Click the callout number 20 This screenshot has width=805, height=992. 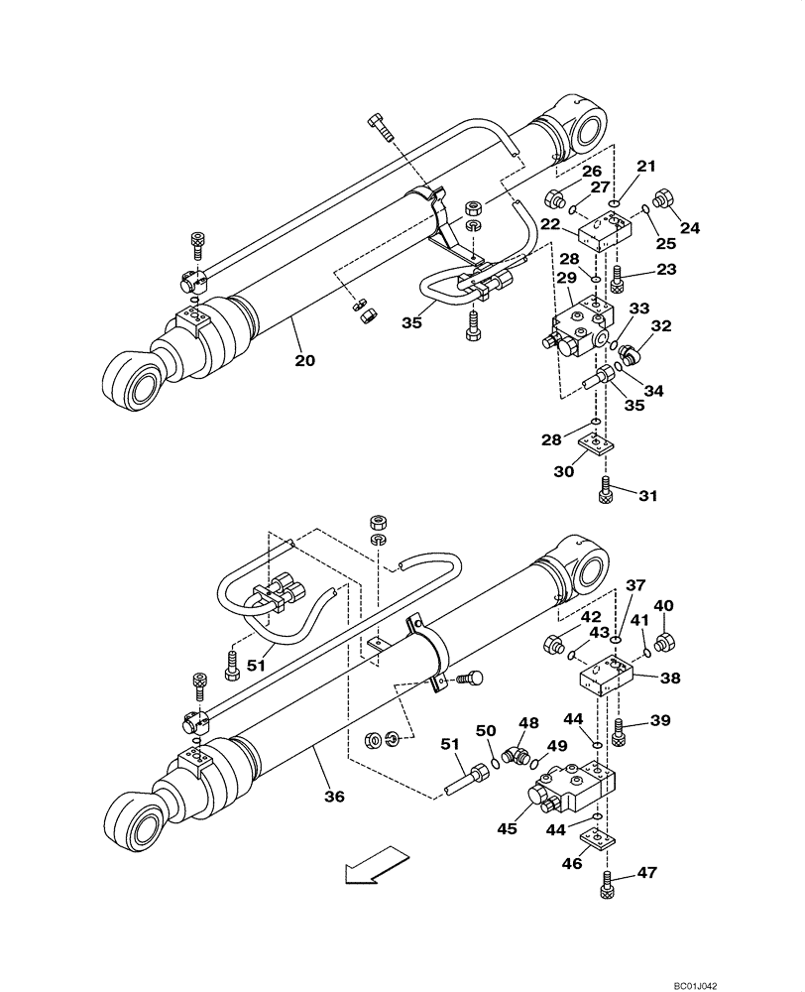304,361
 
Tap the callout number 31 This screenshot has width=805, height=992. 647,495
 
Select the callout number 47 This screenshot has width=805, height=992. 647,873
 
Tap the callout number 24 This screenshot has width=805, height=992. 690,227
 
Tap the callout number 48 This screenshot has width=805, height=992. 529,723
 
